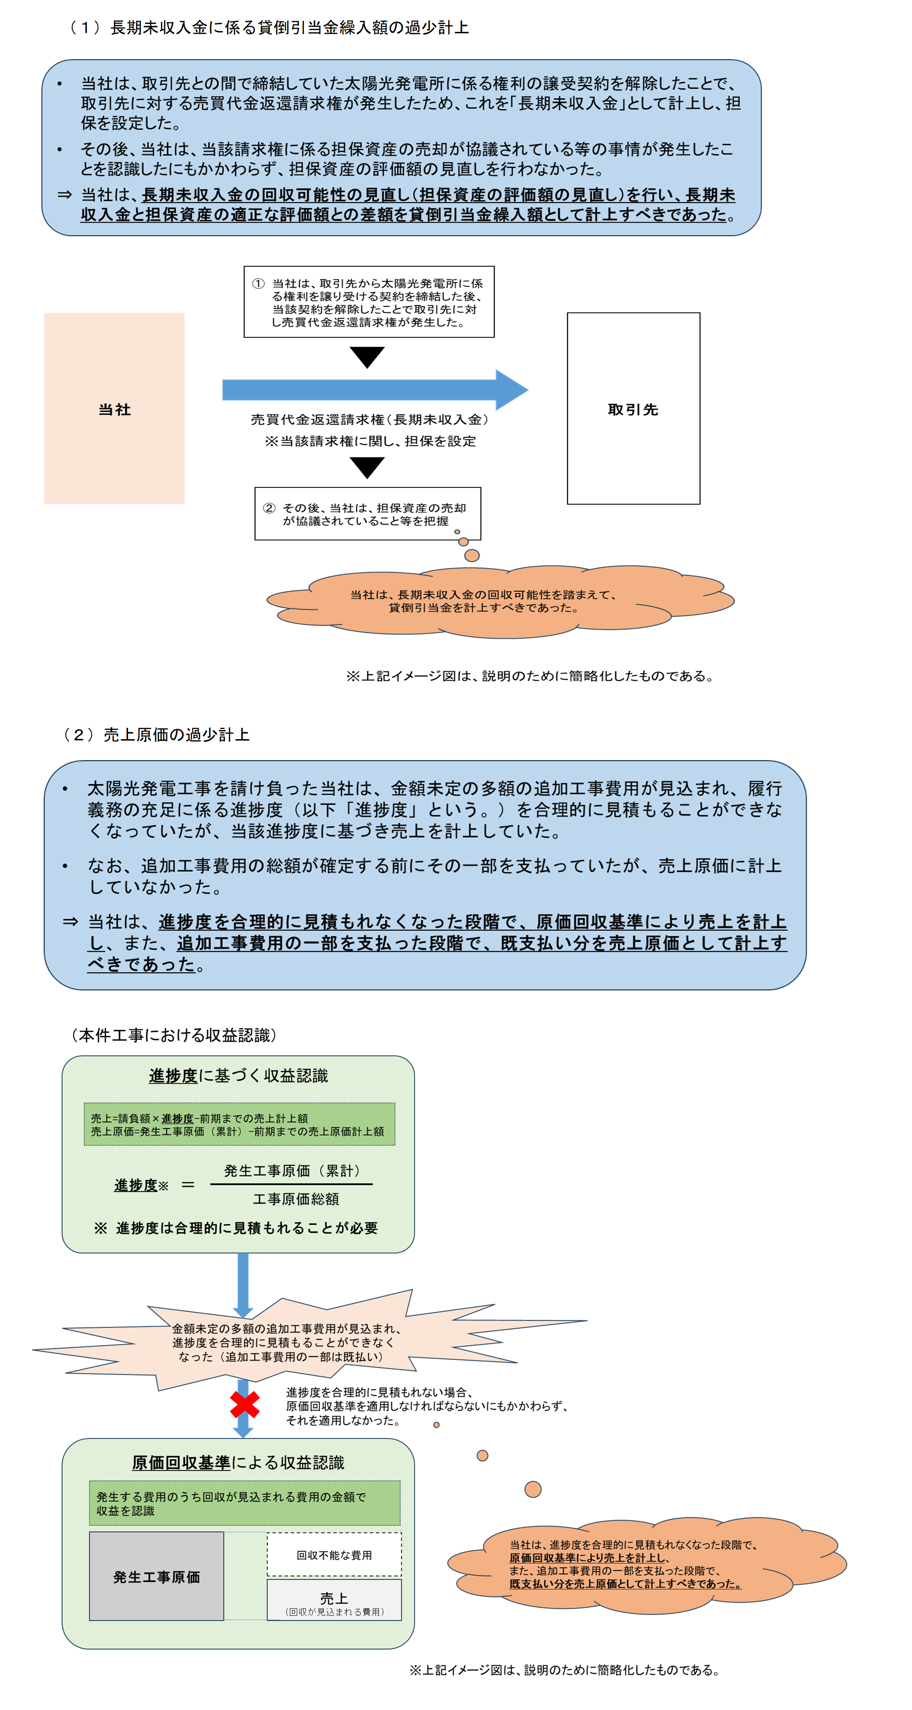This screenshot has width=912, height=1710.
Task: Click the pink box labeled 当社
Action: [114, 408]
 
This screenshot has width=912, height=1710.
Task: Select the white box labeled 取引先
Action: [633, 408]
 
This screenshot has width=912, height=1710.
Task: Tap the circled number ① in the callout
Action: [258, 284]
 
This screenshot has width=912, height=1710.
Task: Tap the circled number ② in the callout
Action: [269, 508]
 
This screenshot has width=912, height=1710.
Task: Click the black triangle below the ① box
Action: [367, 356]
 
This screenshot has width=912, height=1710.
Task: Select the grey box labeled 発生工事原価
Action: [157, 1576]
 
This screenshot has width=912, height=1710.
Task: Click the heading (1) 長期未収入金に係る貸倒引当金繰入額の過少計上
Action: [269, 27]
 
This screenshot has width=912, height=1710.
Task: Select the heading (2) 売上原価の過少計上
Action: [157, 734]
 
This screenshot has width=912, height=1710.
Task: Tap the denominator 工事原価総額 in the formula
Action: [296, 1199]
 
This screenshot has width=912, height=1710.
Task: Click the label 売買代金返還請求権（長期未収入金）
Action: [370, 420]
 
